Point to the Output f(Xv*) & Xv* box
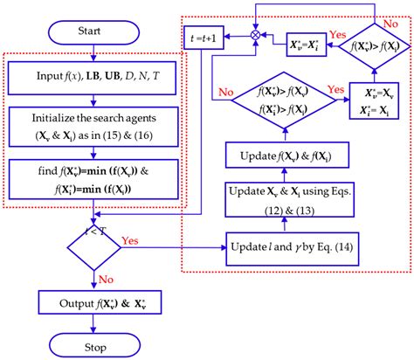coord(91,302)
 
